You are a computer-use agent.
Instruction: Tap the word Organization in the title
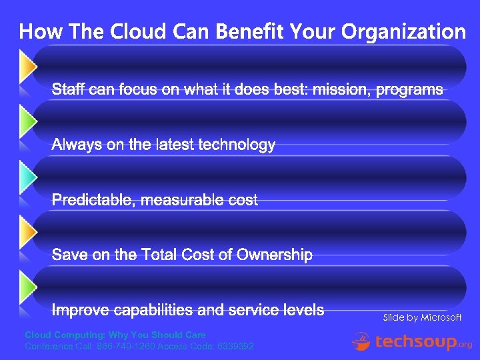pyautogui.click(x=403, y=32)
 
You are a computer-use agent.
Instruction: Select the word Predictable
pyautogui.click(x=94, y=200)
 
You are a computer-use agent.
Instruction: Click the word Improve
pyautogui.click(x=80, y=310)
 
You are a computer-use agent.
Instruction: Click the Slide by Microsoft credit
pyautogui.click(x=422, y=317)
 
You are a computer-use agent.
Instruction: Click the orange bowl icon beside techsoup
pyautogui.click(x=362, y=341)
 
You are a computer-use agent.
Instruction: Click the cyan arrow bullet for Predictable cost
pyautogui.click(x=27, y=177)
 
